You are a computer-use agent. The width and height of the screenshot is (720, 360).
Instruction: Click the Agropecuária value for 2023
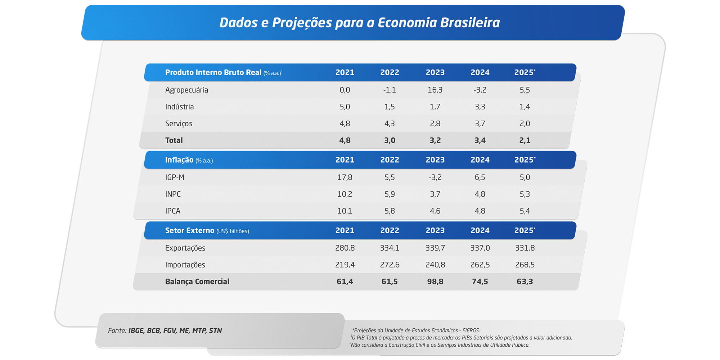tap(435, 90)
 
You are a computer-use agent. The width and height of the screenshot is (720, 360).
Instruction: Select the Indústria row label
tap(179, 107)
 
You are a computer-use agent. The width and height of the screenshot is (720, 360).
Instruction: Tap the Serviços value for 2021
tap(345, 124)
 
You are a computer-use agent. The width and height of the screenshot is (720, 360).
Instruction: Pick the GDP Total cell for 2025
tap(525, 140)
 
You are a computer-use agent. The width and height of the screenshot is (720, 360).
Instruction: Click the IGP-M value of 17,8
tap(345, 177)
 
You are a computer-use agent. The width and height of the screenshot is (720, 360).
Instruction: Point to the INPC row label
tap(173, 194)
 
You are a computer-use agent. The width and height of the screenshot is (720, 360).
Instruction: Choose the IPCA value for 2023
tap(435, 211)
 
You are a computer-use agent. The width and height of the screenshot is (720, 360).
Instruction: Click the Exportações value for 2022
tap(390, 248)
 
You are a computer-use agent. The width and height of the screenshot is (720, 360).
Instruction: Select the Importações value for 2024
tap(480, 265)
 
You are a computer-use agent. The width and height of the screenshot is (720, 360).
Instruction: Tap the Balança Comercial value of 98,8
tap(435, 282)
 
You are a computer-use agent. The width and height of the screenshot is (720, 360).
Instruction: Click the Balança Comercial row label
tap(197, 282)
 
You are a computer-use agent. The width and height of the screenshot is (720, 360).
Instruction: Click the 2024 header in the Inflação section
tap(480, 160)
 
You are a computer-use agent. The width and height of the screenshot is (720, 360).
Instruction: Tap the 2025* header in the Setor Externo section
tap(525, 230)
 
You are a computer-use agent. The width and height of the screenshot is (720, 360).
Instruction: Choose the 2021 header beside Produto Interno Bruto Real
tap(345, 72)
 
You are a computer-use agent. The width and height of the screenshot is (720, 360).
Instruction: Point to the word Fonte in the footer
tap(117, 330)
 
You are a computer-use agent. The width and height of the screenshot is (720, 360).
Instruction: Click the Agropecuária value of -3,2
tap(480, 90)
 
